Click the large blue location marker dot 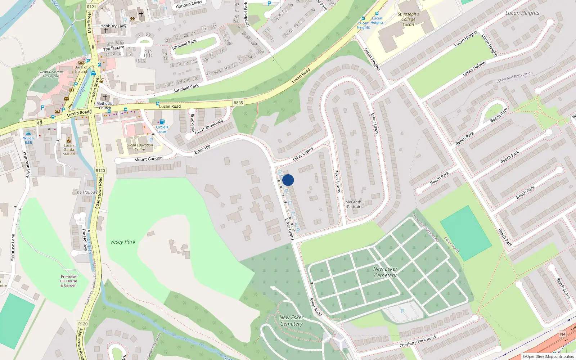point(288,180)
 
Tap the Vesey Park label point(123,242)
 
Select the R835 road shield point(238,103)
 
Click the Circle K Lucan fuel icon point(162,122)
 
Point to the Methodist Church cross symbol point(105,98)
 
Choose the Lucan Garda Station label point(69,149)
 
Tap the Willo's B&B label point(28,140)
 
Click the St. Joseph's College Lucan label point(408,19)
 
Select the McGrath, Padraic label point(354,204)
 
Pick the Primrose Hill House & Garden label point(68,281)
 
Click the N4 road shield point(562,334)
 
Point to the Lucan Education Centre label point(140,147)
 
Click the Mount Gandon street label point(148,159)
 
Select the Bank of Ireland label point(81,69)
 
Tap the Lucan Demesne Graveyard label point(51,74)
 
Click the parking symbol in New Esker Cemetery point(402,311)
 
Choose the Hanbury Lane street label point(113,26)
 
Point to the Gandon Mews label point(189,5)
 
